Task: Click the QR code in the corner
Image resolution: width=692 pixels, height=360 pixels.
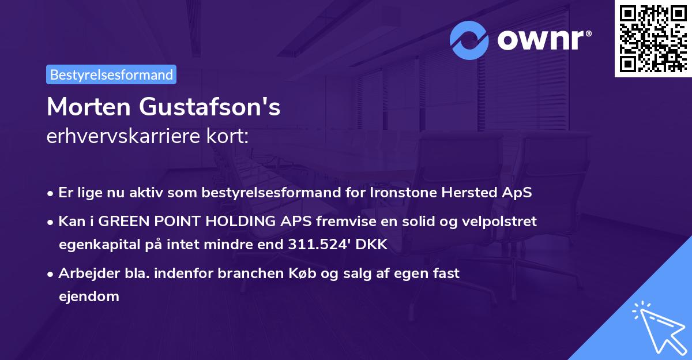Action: point(653,39)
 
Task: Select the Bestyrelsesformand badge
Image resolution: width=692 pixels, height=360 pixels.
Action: point(111,74)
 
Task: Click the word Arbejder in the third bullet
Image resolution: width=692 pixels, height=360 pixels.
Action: point(84,273)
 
